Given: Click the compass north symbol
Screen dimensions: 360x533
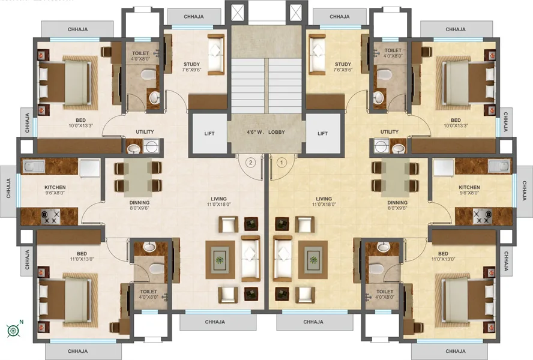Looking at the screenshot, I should pos(13,329).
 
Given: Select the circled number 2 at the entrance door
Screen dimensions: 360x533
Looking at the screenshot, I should pos(251,161).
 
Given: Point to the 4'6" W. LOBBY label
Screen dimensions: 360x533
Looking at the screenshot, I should pos(266,132).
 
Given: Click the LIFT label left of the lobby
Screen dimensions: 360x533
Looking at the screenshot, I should pos(209,133).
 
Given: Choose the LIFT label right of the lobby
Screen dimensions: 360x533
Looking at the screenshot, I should pos(322,133).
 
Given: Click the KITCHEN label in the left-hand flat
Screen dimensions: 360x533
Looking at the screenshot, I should pos(55,187).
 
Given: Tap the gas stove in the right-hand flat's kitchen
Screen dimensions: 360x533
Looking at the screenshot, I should pos(483,217).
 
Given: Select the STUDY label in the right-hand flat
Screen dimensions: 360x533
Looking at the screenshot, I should pos(343,64).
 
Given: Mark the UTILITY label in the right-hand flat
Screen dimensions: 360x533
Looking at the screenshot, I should pos(390,132).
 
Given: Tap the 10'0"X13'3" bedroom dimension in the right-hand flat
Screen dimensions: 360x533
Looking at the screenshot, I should pos(456,126).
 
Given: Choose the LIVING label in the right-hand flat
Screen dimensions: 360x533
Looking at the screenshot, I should pos(324,198).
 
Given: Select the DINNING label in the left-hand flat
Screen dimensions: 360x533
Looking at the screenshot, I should pos(139,203).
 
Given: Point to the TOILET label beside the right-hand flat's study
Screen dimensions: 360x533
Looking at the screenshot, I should pos(393,51).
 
